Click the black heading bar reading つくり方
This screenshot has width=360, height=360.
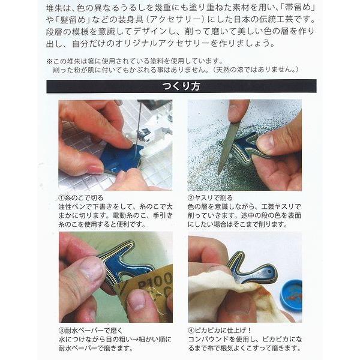pos(181,86)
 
